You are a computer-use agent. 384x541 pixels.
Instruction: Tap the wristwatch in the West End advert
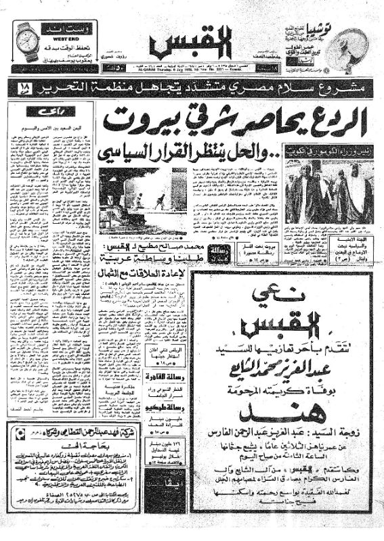point(27,43)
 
